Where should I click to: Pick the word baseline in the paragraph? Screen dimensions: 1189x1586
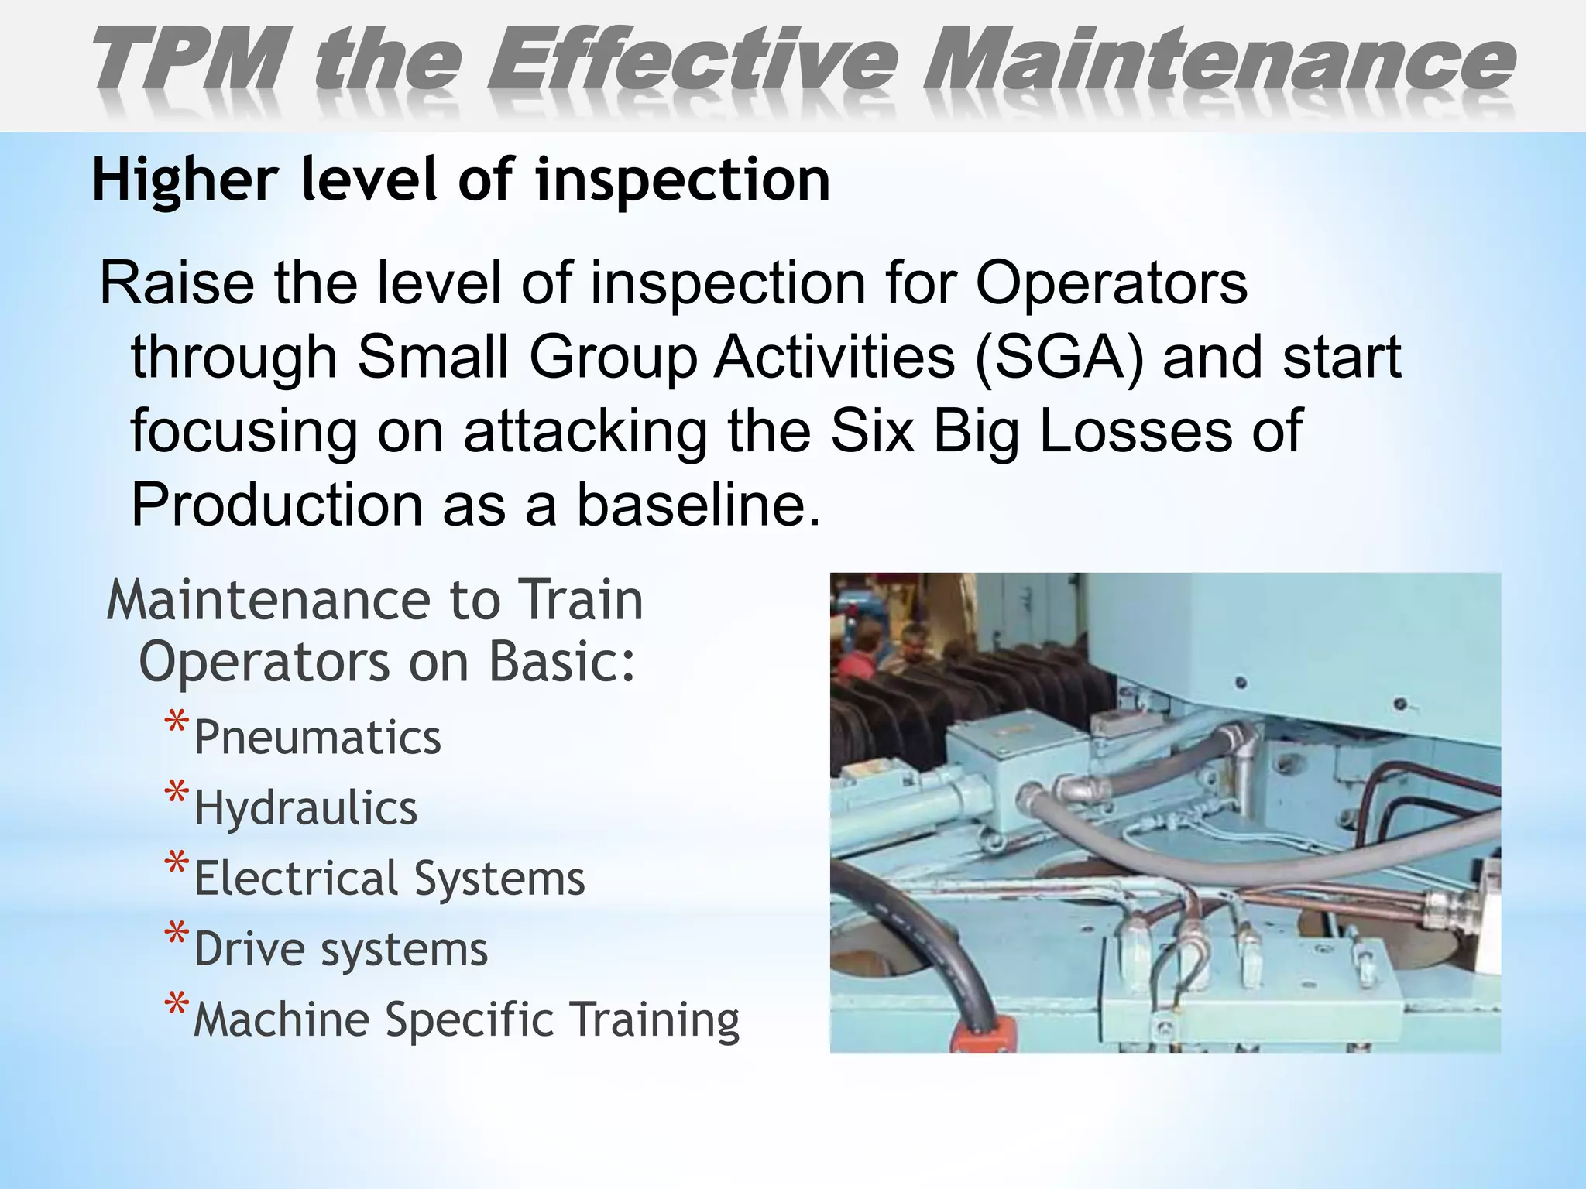click(x=698, y=505)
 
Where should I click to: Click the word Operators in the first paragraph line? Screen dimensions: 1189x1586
click(x=1111, y=283)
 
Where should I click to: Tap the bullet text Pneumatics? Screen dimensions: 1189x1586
click(x=318, y=738)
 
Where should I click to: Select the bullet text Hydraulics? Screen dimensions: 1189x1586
click(x=306, y=808)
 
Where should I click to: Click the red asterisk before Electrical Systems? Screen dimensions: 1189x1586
click(x=177, y=865)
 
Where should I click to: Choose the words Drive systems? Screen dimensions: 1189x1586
click(x=341, y=950)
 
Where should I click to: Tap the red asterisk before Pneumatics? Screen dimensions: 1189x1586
click(x=177, y=725)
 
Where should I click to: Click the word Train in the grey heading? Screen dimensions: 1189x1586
click(x=580, y=601)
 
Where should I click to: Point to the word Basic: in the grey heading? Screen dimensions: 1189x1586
click(x=562, y=663)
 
